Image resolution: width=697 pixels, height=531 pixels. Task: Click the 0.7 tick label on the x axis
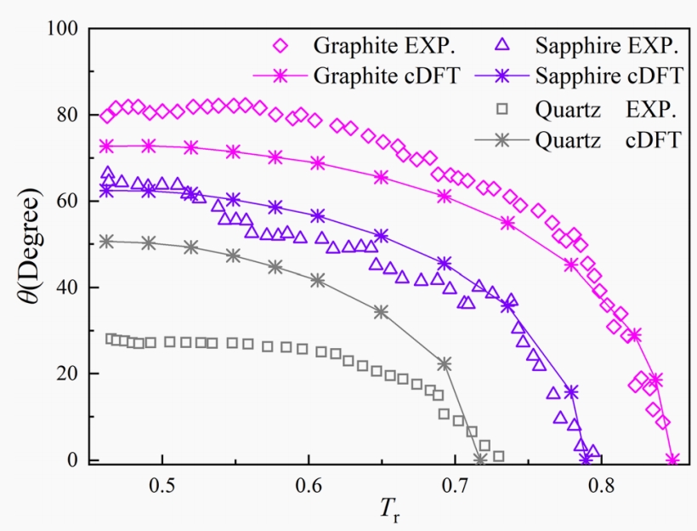455,488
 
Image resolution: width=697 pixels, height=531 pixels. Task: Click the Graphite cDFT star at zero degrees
672,460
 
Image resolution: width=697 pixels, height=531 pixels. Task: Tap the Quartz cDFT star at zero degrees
480,460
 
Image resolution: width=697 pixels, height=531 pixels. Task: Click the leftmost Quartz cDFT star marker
106,242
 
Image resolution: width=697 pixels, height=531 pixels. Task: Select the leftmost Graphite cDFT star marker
106,146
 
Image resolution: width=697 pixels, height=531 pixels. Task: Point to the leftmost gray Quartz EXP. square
110,339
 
